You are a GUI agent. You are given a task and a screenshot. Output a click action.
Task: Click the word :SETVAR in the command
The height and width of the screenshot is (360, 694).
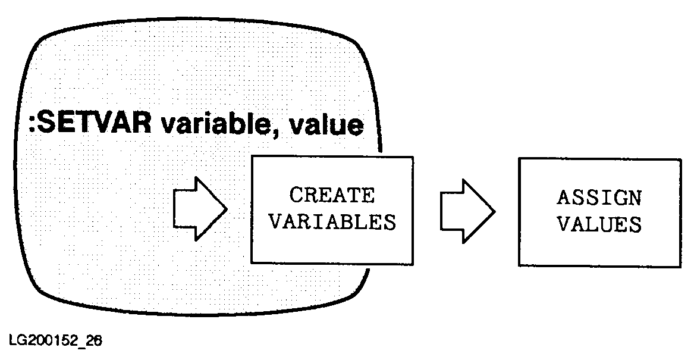[x=86, y=125]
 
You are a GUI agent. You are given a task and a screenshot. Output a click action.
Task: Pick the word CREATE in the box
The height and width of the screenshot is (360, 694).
[x=332, y=195]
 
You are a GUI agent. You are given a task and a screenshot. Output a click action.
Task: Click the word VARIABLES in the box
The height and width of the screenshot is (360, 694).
[x=332, y=223]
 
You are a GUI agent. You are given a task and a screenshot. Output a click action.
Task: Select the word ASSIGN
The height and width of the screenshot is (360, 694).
[x=599, y=198]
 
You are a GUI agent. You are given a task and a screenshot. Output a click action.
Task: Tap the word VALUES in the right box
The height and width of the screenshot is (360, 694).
[x=599, y=225]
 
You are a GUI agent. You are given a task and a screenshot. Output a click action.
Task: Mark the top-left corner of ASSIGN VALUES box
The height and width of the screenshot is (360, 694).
[x=519, y=159]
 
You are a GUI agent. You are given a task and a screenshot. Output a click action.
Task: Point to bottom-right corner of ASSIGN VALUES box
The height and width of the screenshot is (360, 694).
[x=681, y=265]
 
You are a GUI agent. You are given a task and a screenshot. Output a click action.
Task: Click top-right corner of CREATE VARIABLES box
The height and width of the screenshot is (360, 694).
[x=413, y=156]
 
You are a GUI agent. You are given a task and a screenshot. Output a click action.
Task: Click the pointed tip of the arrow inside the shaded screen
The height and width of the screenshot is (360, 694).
[x=227, y=209]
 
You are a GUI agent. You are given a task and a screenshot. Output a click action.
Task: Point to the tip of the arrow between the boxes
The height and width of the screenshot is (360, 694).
[x=495, y=210]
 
